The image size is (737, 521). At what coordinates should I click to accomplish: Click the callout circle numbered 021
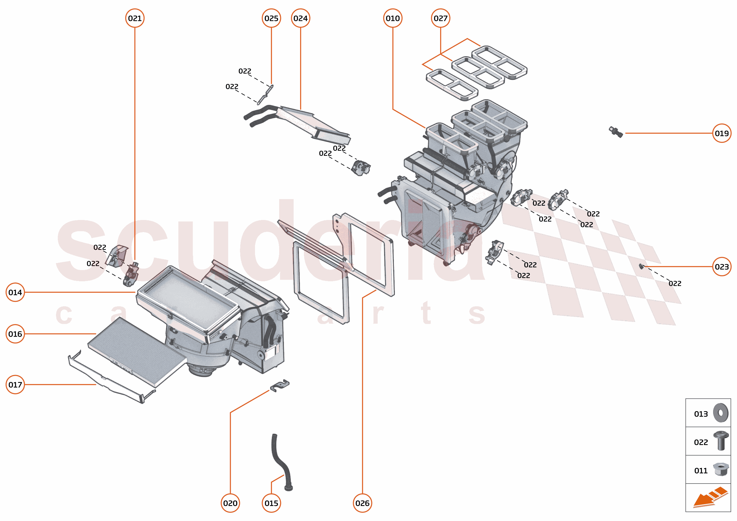coord(134,18)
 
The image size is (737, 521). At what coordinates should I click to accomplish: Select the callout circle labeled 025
coord(271,18)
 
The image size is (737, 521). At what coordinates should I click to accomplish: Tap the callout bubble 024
coord(300,18)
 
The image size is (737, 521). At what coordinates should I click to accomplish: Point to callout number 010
coord(392,18)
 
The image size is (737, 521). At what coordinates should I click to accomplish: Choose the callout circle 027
coord(440,18)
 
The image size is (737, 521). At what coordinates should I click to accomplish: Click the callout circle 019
coord(721,133)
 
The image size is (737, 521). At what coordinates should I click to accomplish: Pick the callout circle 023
coord(721,267)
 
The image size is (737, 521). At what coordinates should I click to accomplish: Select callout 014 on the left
coord(15,292)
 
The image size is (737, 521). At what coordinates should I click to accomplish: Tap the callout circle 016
coord(15,334)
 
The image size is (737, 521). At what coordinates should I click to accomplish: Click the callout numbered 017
coord(15,385)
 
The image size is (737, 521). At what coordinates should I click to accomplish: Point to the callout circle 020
coord(230,503)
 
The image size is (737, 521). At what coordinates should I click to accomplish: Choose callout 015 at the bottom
coord(271,503)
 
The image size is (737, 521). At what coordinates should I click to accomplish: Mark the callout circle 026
coord(362,503)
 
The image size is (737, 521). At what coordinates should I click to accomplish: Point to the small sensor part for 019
coord(616,132)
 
